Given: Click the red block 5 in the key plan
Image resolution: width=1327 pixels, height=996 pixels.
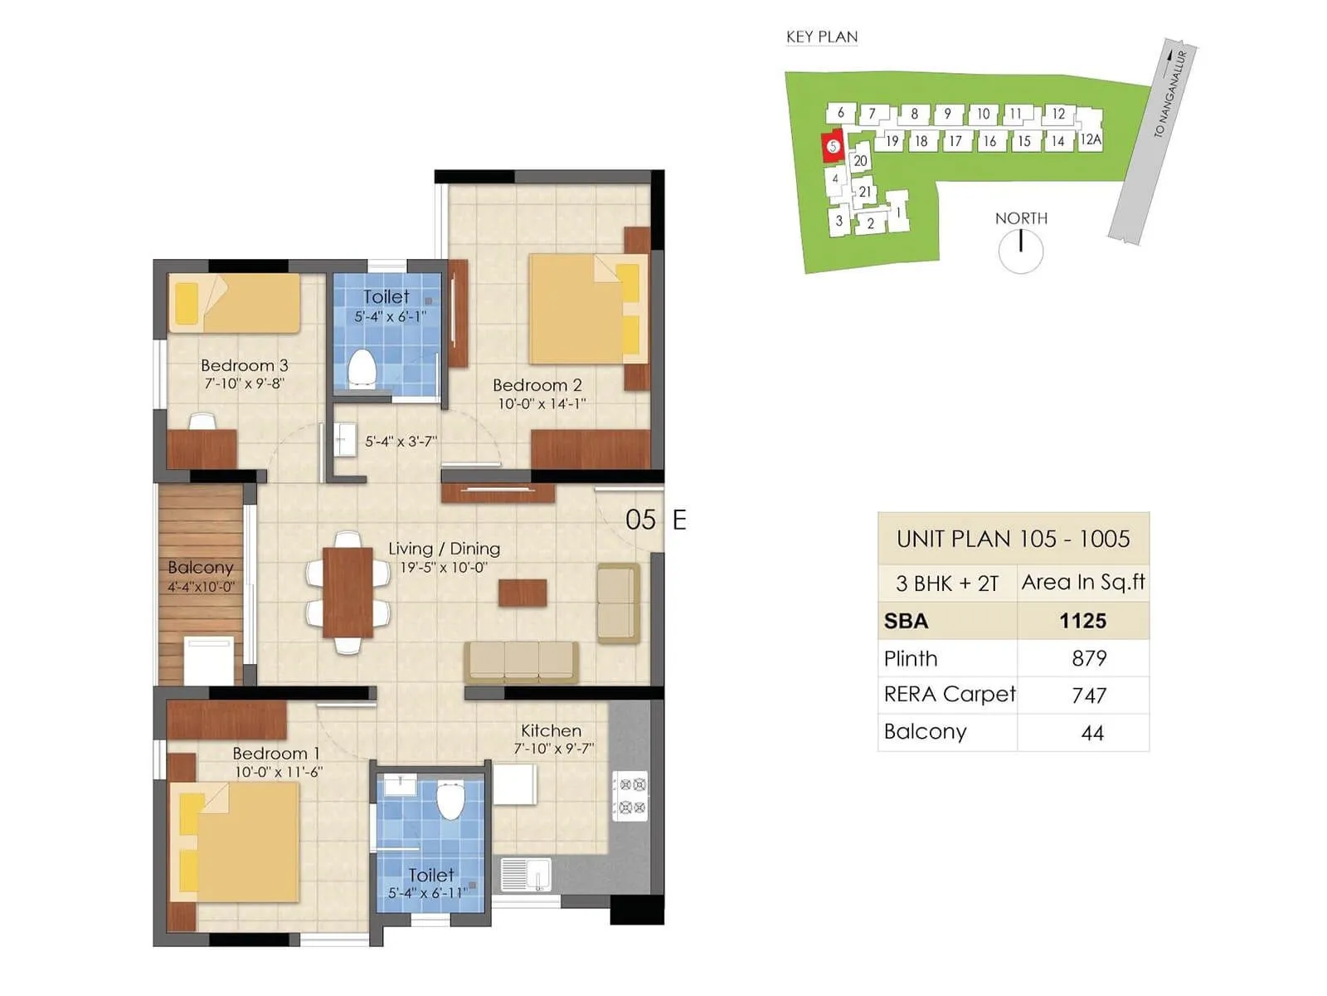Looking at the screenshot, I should [833, 146].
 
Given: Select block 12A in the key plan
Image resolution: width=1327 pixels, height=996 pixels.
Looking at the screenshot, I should [1090, 139].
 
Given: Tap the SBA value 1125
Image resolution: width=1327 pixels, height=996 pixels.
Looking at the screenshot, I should [1082, 621].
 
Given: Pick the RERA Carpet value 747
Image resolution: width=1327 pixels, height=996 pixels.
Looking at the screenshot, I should [1088, 696].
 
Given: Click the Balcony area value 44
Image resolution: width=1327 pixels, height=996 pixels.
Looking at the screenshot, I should [1091, 733].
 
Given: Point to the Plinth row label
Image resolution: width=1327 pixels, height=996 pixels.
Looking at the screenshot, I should [911, 659].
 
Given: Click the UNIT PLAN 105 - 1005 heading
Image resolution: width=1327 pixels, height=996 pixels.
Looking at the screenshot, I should [1013, 539].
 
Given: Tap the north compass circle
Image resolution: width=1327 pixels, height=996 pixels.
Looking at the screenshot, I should [1020, 251].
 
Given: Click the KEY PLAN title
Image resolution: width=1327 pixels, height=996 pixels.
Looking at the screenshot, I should [821, 37].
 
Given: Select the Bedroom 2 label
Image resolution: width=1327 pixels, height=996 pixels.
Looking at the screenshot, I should [537, 385].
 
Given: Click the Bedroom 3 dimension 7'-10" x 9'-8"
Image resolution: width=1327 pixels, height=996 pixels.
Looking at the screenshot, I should [244, 383].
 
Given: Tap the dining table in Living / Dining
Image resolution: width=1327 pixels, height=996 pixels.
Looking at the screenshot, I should [348, 592].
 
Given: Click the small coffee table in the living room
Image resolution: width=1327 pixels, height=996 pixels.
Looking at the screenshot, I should [522, 593].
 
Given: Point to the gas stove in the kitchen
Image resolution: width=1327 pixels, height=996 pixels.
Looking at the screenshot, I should [629, 795].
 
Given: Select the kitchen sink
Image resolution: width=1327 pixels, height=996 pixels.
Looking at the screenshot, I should [526, 875].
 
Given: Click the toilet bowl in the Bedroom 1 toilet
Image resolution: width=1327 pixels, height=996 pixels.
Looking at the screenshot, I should [450, 799].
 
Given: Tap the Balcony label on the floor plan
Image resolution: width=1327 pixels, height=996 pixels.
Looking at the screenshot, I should [200, 568].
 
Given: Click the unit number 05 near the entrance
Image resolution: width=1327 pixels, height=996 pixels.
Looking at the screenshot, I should [640, 520].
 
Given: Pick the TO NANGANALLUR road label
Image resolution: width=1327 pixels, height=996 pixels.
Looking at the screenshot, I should [1170, 94].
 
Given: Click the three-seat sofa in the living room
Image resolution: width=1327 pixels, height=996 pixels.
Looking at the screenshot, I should [521, 661].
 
